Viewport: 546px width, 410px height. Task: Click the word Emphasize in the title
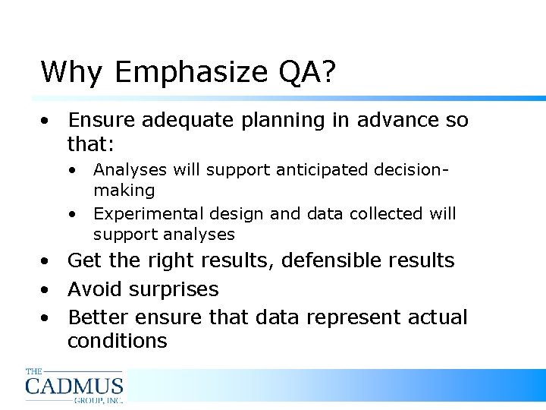pos(186,73)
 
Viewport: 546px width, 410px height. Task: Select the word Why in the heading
pos(72,73)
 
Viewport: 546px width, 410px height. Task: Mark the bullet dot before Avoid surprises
pos(47,290)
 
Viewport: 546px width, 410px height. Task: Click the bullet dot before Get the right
pos(47,261)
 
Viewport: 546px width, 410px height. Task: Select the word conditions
pos(117,342)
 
